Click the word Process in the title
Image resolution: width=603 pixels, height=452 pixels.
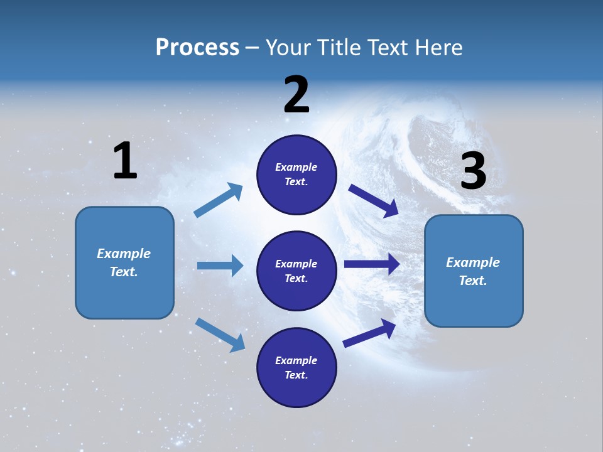coord(197,48)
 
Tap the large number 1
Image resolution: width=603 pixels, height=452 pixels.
coord(125,161)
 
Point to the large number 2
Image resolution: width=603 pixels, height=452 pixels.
coord(296,95)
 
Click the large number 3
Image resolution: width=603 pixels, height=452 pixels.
coord(473,171)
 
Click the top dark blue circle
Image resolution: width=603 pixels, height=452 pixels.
coord(296,175)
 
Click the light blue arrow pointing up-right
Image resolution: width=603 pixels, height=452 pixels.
coord(219,200)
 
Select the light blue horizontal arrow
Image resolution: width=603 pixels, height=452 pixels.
coord(220,266)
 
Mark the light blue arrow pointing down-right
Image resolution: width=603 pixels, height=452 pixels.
coord(220,335)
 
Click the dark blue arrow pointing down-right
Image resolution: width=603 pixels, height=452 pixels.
coord(374,200)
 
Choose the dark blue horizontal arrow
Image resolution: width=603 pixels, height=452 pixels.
coord(372,264)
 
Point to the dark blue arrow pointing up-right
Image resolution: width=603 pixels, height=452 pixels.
coord(370,333)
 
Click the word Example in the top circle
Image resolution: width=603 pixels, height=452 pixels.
coord(296,167)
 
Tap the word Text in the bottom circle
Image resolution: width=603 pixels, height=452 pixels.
coord(295,375)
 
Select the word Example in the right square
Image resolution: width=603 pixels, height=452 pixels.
coord(472,262)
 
